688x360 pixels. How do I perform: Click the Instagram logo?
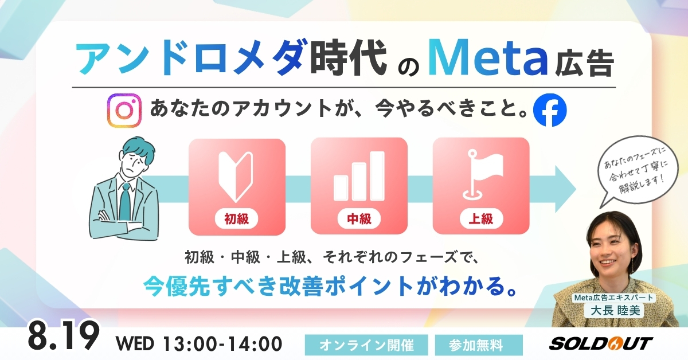[124, 110]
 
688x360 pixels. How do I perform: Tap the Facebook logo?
[550, 110]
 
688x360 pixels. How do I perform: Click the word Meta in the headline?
[488, 58]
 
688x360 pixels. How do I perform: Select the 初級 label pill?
[236, 219]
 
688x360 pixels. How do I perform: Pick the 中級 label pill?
[359, 219]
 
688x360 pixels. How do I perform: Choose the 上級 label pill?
[481, 219]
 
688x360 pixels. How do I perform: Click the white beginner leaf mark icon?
[236, 177]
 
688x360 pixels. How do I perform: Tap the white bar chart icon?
[359, 175]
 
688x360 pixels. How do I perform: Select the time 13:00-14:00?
[222, 344]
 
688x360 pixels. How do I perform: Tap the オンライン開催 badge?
[366, 345]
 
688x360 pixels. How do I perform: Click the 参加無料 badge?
[479, 345]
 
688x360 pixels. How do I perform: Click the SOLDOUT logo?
[601, 343]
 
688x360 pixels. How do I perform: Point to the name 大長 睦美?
[615, 311]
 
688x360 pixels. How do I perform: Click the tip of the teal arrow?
[576, 189]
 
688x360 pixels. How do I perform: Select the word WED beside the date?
[135, 344]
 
